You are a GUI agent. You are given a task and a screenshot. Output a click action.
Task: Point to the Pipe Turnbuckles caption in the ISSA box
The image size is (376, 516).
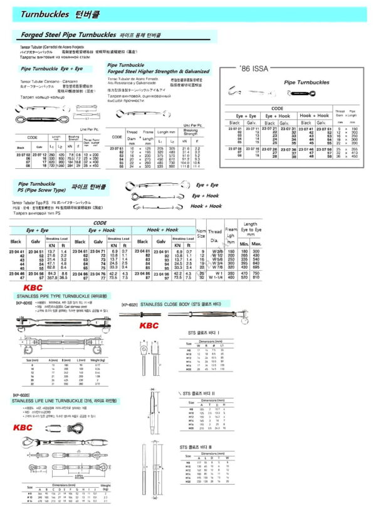point(307,82)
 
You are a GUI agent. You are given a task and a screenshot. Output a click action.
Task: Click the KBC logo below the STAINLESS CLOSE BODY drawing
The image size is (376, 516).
point(149,326)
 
